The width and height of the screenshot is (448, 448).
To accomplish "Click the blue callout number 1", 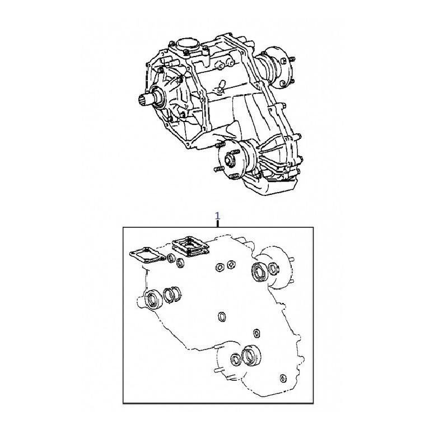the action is coord(217,216).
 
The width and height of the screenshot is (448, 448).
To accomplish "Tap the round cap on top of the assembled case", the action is coord(188,45).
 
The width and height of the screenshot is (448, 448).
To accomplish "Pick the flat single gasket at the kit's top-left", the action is coord(147,254).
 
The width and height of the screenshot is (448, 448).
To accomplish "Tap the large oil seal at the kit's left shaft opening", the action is coord(153,299).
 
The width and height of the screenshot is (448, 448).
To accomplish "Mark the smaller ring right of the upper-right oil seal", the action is coord(273,269).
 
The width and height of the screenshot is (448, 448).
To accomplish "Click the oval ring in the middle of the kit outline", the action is coord(222,317).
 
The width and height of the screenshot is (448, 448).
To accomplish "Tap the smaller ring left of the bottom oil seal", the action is coord(236,360).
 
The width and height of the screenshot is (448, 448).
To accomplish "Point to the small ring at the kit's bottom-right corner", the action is coord(283,378).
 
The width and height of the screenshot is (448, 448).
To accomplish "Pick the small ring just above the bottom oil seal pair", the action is coord(256,333).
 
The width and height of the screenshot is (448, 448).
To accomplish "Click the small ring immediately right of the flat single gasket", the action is coord(171,258).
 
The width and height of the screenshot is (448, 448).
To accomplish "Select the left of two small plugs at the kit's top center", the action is coord(220,268).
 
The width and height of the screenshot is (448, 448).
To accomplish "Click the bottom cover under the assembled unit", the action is coord(269,186).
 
